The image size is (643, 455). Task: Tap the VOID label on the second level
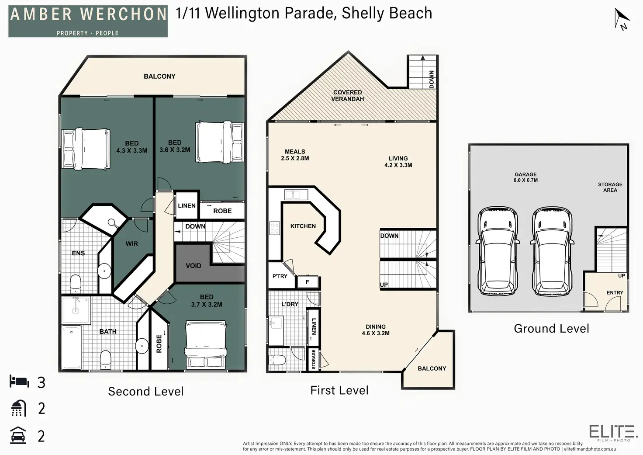[194, 266]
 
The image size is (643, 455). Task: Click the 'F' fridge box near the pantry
[308, 282]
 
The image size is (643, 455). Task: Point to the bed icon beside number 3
[19, 382]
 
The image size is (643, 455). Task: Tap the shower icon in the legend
[19, 408]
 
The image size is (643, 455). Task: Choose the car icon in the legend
[18, 435]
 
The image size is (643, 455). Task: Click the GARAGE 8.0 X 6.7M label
[525, 177]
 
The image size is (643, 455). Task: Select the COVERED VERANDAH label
[347, 96]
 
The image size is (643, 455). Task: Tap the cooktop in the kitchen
[275, 228]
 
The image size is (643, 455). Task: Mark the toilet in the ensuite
[76, 283]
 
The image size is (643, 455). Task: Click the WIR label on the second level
[131, 244]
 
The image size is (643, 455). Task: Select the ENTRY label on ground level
[615, 293]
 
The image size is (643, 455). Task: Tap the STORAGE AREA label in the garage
[610, 187]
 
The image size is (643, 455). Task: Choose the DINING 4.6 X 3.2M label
[376, 330]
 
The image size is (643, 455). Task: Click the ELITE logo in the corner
[613, 432]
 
